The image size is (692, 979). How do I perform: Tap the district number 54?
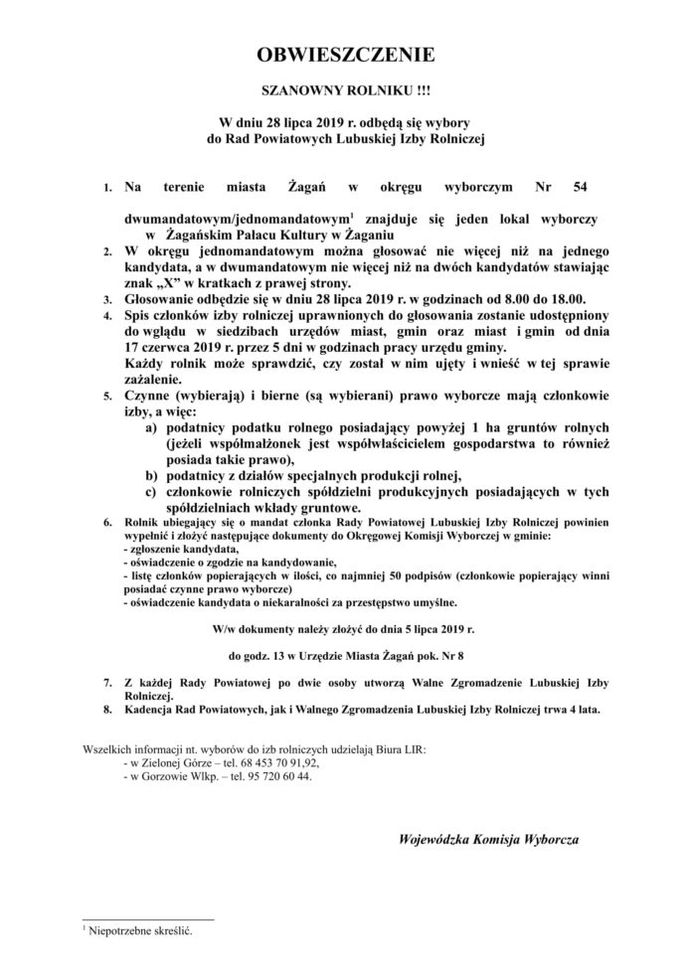point(580,186)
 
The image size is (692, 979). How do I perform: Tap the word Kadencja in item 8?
point(152,710)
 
